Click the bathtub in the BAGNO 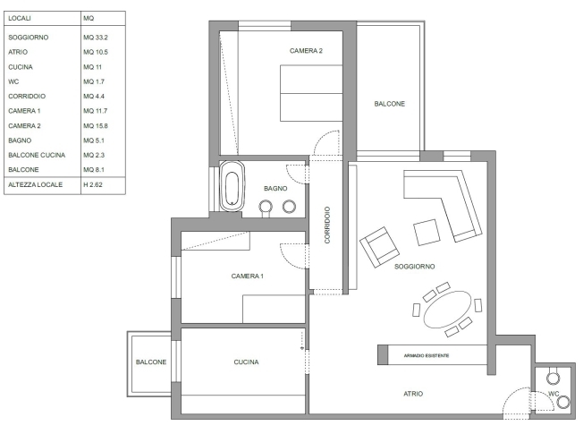(x=232, y=186)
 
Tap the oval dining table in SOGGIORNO (x=448, y=310)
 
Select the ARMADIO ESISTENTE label (x=427, y=355)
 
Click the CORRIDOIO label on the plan (x=327, y=226)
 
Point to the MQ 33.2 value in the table (x=96, y=38)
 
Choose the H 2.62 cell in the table (x=93, y=184)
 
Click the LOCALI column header (x=20, y=18)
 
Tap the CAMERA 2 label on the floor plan (x=306, y=51)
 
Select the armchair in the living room (x=380, y=247)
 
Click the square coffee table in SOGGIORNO (x=427, y=233)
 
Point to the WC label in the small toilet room (x=553, y=394)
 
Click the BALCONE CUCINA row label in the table (x=37, y=155)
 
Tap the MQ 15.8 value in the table (x=96, y=126)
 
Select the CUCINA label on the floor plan (x=246, y=362)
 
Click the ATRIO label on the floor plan (x=413, y=394)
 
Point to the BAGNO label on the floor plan (x=275, y=188)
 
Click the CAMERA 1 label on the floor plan (x=248, y=276)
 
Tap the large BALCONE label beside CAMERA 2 (x=389, y=104)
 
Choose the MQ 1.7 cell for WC (x=94, y=81)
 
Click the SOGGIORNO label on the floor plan (x=415, y=266)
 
